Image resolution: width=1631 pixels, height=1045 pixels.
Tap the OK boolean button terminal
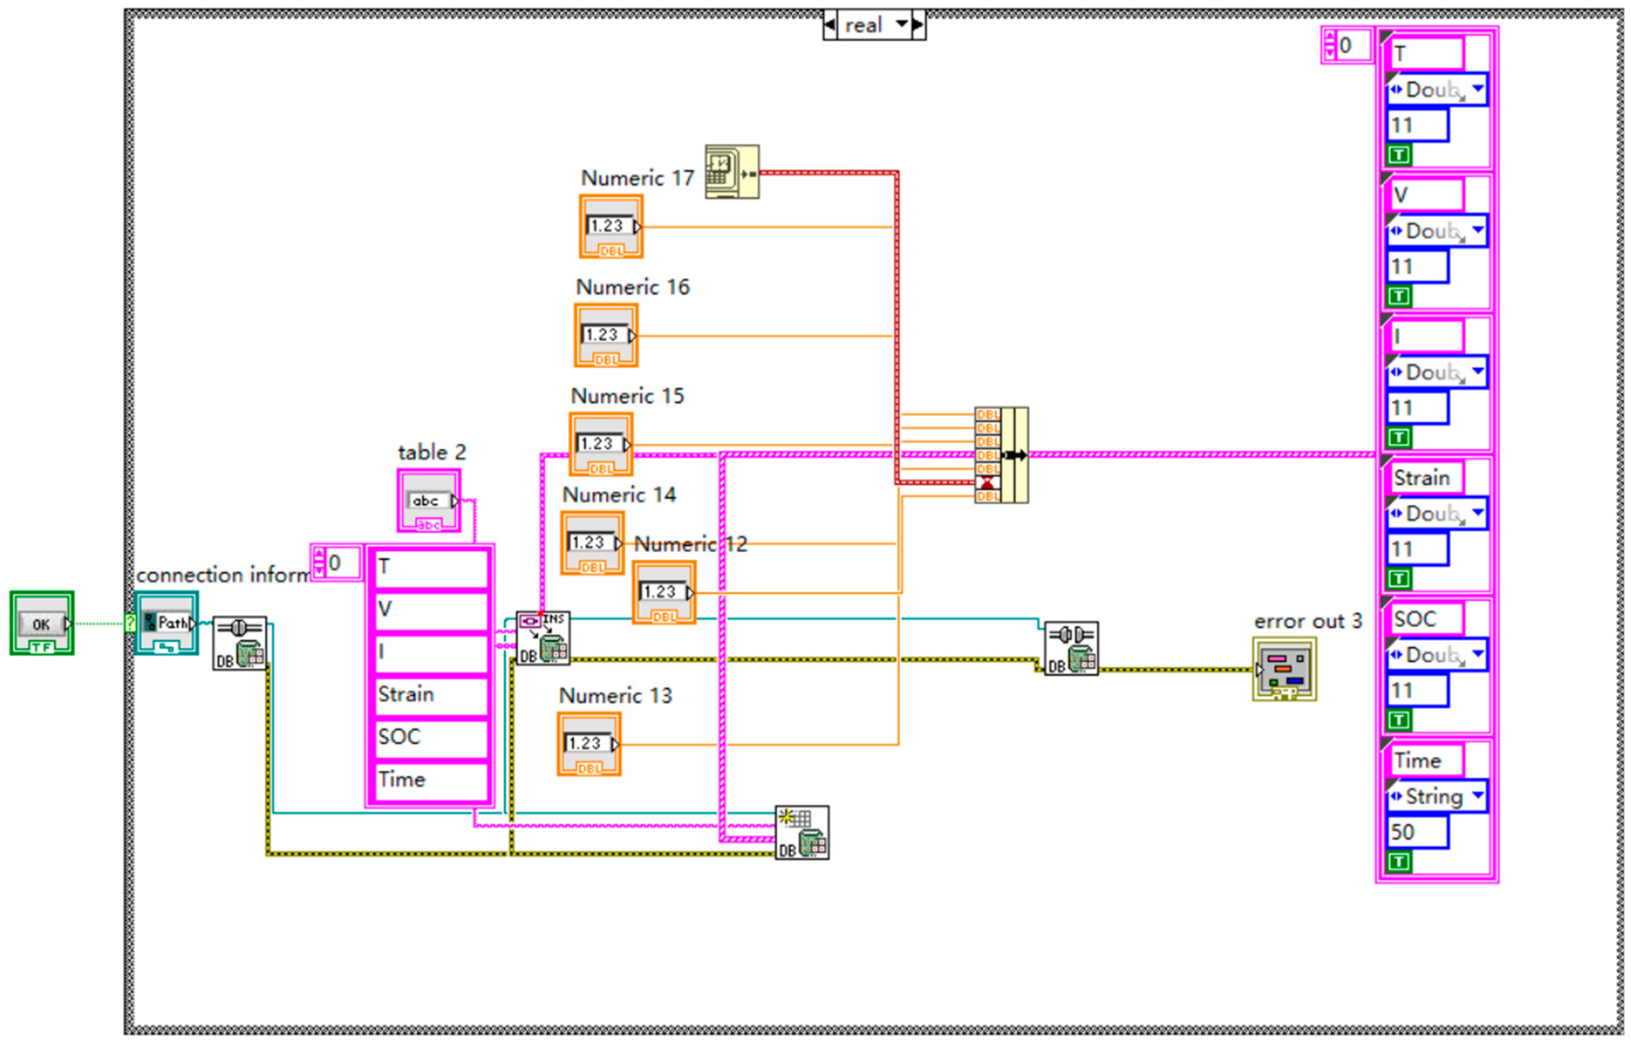click(41, 623)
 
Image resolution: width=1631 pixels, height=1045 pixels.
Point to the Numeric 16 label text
click(633, 287)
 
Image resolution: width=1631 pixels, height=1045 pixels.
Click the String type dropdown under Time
click(1435, 797)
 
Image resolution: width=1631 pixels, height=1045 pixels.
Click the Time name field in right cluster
click(1426, 761)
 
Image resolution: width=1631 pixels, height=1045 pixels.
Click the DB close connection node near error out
click(1071, 649)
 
